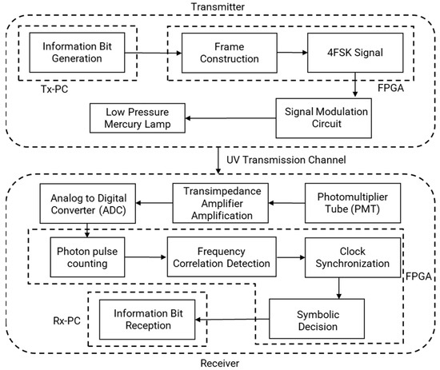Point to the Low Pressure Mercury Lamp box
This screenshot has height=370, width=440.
pyautogui.click(x=143, y=118)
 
